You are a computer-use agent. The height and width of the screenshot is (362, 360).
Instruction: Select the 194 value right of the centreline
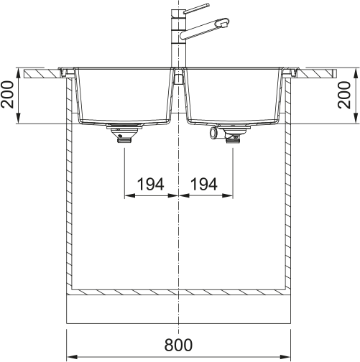coord(204,185)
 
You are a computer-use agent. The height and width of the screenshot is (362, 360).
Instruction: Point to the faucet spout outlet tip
coord(223,24)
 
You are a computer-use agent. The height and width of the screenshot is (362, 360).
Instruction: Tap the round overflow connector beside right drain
coord(213,134)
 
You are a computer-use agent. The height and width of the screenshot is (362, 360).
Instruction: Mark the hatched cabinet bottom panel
coord(177,293)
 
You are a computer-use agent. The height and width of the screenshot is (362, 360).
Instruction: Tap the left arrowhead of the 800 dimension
coord(70,355)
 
